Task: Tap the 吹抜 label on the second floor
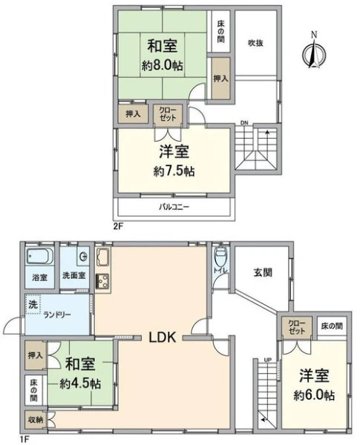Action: point(256,43)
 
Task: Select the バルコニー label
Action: point(174,207)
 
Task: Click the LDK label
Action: point(163,337)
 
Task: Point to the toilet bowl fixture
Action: point(220,257)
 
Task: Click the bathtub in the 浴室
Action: point(40,256)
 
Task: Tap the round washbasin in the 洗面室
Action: point(84,257)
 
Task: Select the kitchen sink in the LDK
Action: point(102,257)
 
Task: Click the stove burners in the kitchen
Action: point(102,281)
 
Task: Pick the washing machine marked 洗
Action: point(33,305)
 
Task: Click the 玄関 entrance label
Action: point(263,272)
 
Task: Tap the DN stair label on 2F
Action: point(244,123)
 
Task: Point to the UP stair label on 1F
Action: point(268,360)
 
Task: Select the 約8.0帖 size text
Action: point(163,66)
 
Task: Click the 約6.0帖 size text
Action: point(314,395)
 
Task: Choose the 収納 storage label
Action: point(36,420)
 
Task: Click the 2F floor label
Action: point(118,226)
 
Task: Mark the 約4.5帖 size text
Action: point(80,384)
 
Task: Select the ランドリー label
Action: point(57,314)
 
